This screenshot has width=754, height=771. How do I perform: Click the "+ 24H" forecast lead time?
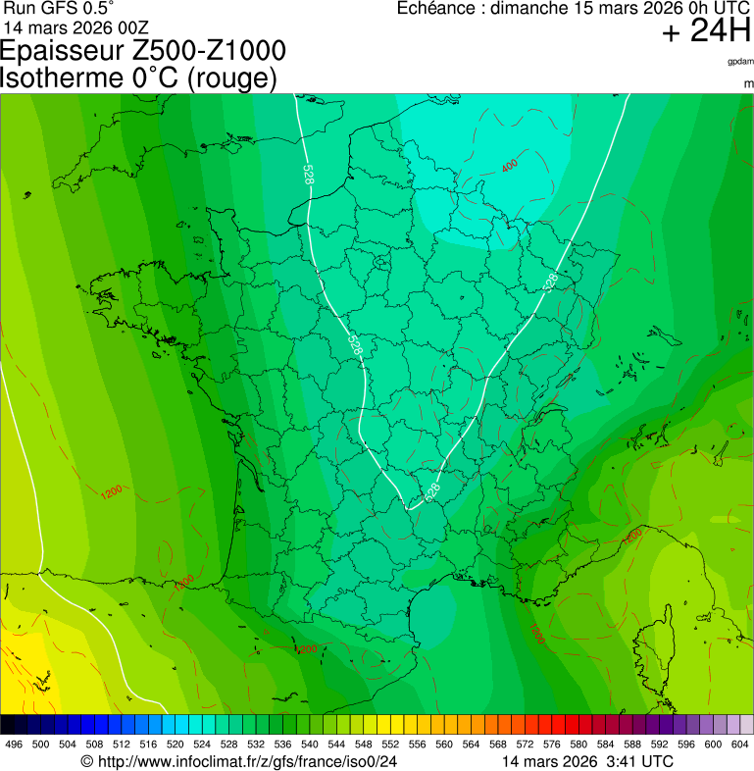pos(705,32)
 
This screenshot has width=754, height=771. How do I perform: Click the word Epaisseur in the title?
pos(63,51)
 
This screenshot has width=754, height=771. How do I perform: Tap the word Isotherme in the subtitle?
pos(58,78)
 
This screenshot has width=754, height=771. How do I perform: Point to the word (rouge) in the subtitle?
pos(231,78)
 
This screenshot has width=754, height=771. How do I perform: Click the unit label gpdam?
pos(740,61)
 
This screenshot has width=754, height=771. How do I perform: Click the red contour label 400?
pos(510,166)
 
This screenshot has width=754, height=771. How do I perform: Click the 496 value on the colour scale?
pos(14,745)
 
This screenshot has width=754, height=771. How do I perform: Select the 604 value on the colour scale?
pos(740,745)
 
